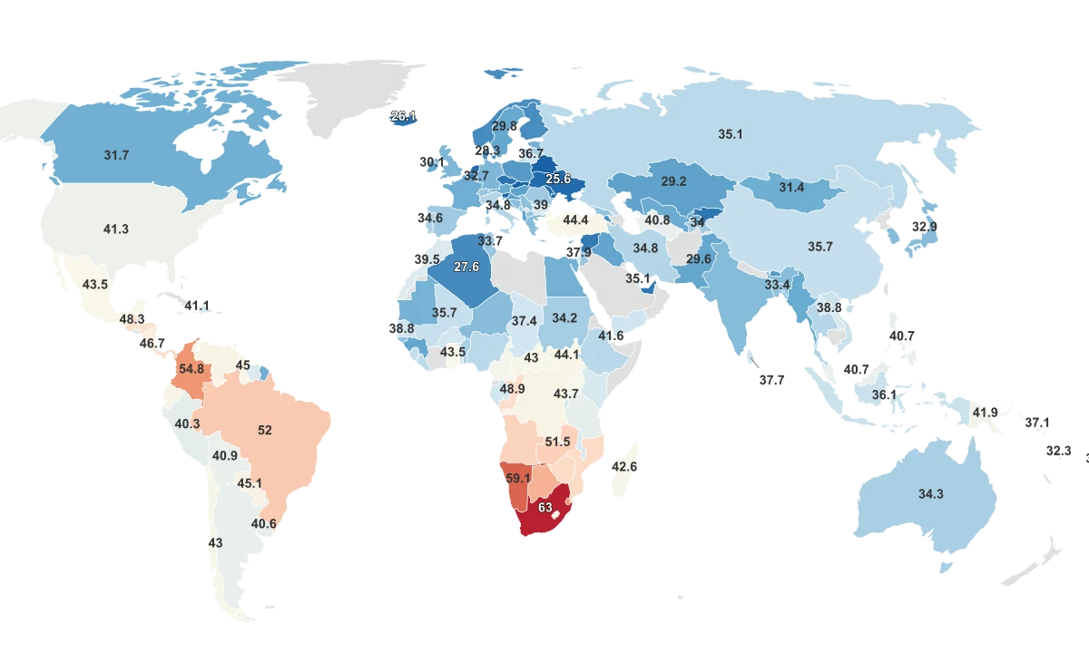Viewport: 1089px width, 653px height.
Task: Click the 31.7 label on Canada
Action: click(x=116, y=155)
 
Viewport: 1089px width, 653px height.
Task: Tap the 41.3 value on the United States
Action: click(x=116, y=229)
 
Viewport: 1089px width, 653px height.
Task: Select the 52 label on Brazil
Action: click(x=265, y=430)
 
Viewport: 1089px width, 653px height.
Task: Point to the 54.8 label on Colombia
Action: click(x=191, y=369)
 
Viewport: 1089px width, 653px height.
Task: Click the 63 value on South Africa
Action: click(x=545, y=508)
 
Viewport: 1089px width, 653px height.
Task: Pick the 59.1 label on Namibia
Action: click(x=518, y=478)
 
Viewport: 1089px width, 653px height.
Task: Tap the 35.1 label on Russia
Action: click(x=731, y=134)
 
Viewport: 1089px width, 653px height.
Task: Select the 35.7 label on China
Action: click(x=819, y=246)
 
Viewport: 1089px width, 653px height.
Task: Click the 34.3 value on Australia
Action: click(x=931, y=494)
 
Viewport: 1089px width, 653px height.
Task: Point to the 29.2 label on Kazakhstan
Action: click(x=673, y=181)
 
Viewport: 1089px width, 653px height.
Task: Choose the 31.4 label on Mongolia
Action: click(x=791, y=188)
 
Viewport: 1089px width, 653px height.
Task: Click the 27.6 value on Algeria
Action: click(x=466, y=267)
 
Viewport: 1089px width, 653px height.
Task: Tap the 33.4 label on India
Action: click(x=777, y=285)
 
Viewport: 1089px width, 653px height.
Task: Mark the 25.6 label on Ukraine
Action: click(x=558, y=179)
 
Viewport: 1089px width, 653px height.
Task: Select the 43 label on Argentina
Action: click(x=215, y=542)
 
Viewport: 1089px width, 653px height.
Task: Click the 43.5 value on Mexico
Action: click(x=95, y=284)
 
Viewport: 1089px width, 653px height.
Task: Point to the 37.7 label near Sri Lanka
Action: click(x=771, y=380)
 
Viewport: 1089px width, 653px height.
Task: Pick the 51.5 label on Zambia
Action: click(x=557, y=442)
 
